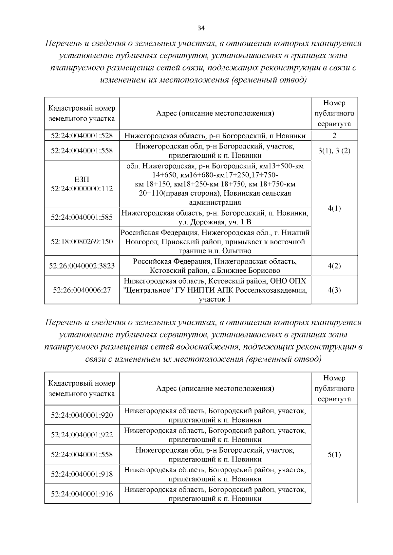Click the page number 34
pos(201,28)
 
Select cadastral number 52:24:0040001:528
pos(82,135)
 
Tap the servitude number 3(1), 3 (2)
pos(334,151)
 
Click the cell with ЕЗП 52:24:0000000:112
pos(82,184)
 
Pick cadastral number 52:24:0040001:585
pos(82,217)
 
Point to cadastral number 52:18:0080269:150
pos(82,242)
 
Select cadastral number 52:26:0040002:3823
pos(82,266)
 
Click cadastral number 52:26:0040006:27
pos(82,290)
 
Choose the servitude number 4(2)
pos(334,266)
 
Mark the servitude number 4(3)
pos(334,290)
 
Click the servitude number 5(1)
pos(334,455)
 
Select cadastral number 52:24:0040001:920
pos(82,415)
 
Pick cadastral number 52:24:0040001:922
pos(82,435)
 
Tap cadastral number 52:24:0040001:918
pos(82,474)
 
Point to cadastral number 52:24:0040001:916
pos(82,494)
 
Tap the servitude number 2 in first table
pos(334,135)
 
